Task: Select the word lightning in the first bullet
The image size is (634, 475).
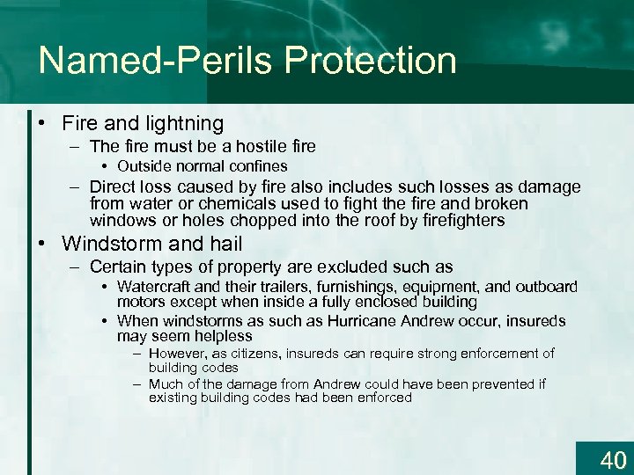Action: [x=180, y=123]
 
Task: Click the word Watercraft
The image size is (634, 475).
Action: [x=156, y=287]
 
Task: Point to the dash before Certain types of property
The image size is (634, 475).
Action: [x=77, y=267]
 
